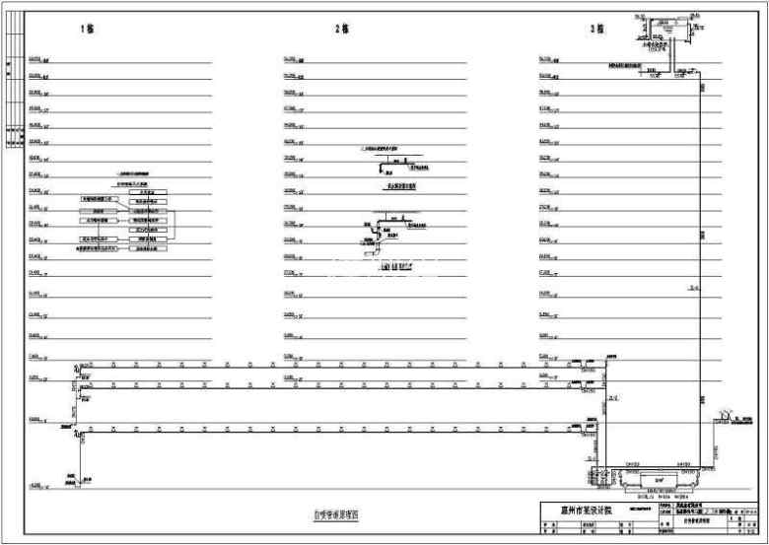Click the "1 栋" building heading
point(87,30)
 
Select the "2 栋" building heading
point(342,30)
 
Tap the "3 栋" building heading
point(596,30)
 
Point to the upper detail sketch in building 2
point(392,164)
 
